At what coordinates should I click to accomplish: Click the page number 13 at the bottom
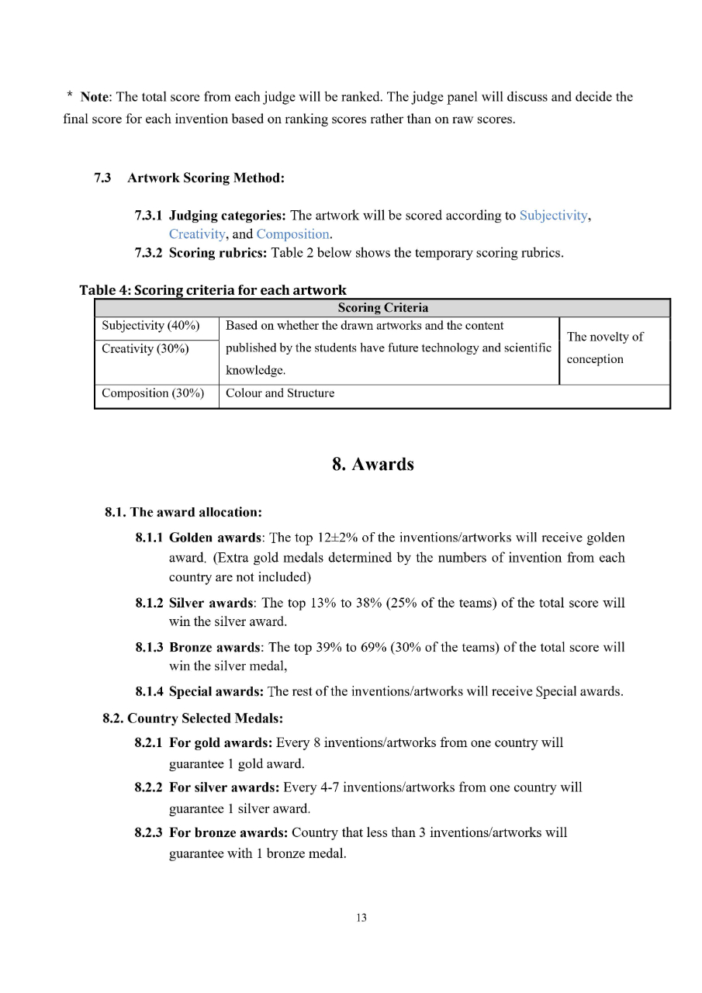(x=361, y=918)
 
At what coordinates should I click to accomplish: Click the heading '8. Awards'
(x=373, y=465)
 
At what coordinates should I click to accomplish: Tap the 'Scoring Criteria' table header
(x=382, y=308)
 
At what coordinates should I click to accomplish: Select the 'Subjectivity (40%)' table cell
(x=150, y=326)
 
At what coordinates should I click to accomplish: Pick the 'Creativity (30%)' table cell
(x=145, y=349)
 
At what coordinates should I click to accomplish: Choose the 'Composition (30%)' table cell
(x=153, y=393)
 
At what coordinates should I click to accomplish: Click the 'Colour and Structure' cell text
(x=280, y=393)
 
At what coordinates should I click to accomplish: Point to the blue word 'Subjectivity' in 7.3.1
(x=554, y=216)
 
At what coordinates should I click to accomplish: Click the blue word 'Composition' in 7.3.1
(x=293, y=234)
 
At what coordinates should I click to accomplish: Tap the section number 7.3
(x=102, y=178)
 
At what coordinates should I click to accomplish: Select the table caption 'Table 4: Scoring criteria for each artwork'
(x=213, y=290)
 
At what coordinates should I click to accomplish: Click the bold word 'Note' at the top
(x=95, y=97)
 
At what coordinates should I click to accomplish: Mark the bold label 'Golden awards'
(x=214, y=538)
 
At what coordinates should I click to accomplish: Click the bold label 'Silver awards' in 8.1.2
(x=211, y=603)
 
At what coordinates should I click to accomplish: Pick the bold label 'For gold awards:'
(x=220, y=743)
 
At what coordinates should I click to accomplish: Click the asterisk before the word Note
(x=70, y=97)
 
